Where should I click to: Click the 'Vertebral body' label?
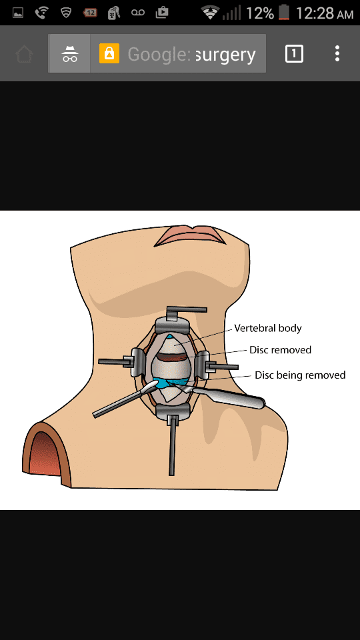(268, 329)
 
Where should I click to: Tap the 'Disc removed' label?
(281, 350)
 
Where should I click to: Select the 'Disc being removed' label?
(300, 375)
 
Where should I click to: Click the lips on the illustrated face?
(190, 235)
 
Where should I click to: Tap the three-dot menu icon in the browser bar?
(337, 53)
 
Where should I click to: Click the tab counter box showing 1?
(294, 53)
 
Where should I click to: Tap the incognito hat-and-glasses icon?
(70, 53)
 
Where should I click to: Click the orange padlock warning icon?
(109, 53)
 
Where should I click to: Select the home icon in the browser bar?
(25, 54)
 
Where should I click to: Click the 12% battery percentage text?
(259, 13)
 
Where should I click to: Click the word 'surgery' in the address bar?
(226, 54)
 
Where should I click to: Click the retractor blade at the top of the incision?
(172, 325)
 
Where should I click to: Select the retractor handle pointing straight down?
(173, 446)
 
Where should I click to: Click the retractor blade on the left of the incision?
(137, 362)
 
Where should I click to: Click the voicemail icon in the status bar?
(137, 13)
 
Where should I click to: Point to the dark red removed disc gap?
(172, 357)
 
